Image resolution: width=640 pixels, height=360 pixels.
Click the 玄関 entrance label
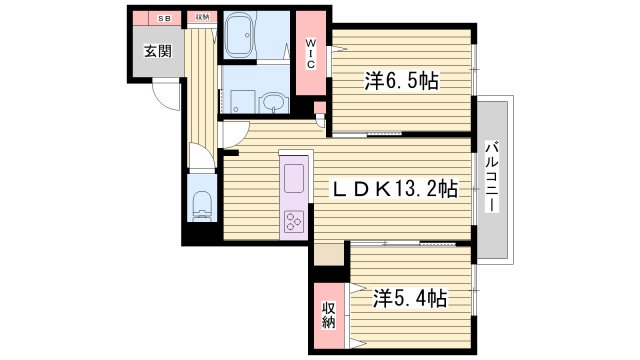click(155, 53)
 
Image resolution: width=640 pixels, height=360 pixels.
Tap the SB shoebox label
click(164, 18)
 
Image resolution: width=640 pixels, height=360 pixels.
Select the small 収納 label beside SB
click(202, 18)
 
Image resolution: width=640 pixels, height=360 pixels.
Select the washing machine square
click(239, 100)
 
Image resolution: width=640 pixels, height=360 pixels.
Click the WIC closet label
click(311, 54)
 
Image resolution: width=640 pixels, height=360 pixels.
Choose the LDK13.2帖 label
click(395, 188)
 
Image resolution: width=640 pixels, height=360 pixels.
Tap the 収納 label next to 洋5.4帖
click(328, 316)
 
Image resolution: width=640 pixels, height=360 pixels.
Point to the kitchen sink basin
click(295, 180)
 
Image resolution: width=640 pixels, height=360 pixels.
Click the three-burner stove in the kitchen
click(295, 220)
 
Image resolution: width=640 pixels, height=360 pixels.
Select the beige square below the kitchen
click(327, 254)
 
